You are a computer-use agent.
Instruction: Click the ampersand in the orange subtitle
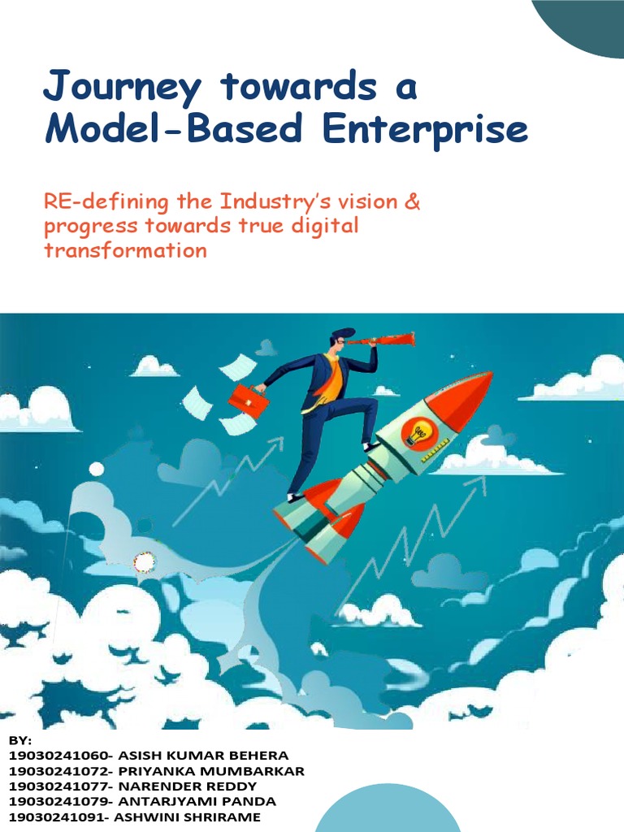413,201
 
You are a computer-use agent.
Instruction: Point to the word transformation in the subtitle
125,250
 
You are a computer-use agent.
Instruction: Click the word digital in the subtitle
322,226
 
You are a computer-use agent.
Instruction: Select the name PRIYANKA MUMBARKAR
212,771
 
